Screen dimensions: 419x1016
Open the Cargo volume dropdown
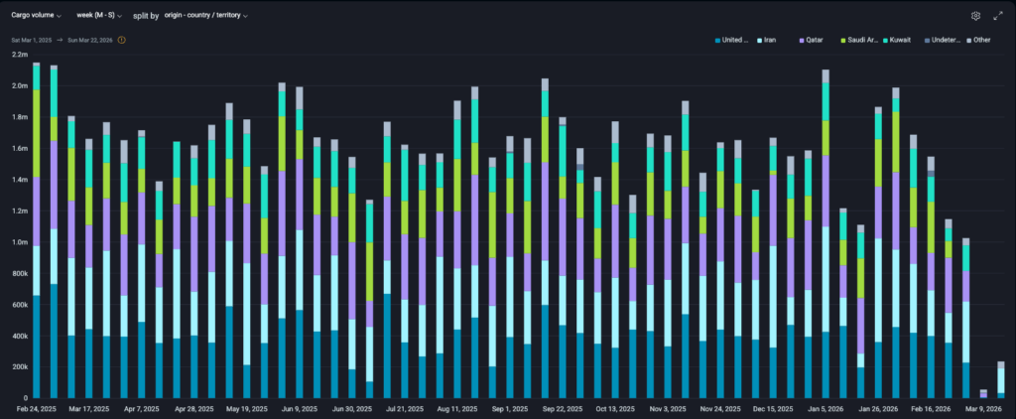click(x=36, y=16)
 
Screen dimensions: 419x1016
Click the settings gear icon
click(x=975, y=16)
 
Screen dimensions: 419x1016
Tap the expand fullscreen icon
click(x=998, y=16)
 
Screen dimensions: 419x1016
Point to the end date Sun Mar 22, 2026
click(x=87, y=40)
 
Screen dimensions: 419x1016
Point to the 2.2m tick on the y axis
click(x=19, y=55)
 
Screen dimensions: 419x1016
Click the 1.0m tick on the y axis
click(x=19, y=242)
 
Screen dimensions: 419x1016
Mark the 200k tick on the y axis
click(x=19, y=367)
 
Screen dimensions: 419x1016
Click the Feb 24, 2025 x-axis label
click(x=36, y=408)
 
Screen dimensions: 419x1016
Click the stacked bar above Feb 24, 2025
click(x=37, y=228)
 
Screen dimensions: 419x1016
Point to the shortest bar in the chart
click(x=983, y=393)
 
